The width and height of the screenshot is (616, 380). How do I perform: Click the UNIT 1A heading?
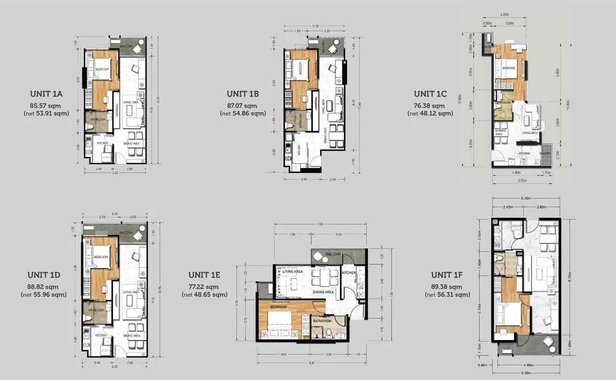click(46, 94)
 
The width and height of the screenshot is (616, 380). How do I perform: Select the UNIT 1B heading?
click(243, 94)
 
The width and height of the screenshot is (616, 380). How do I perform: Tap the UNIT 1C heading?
click(430, 94)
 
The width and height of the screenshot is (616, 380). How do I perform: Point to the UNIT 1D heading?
click(44, 275)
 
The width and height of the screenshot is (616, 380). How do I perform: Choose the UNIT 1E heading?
click(205, 275)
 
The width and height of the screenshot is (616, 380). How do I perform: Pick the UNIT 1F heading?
click(447, 275)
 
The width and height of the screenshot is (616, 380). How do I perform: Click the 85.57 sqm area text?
click(46, 105)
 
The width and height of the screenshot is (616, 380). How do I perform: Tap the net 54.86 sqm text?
click(243, 114)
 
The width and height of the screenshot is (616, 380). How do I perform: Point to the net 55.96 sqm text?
click(44, 294)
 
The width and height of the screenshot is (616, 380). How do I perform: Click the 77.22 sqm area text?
click(205, 287)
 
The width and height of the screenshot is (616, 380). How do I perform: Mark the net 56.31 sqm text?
click(447, 294)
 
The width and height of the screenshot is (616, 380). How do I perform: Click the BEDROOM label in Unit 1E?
click(279, 307)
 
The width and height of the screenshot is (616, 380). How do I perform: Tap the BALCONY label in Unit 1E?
click(333, 254)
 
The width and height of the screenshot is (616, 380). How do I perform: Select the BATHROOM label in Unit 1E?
click(322, 321)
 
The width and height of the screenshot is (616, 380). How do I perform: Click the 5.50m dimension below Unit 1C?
click(522, 181)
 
